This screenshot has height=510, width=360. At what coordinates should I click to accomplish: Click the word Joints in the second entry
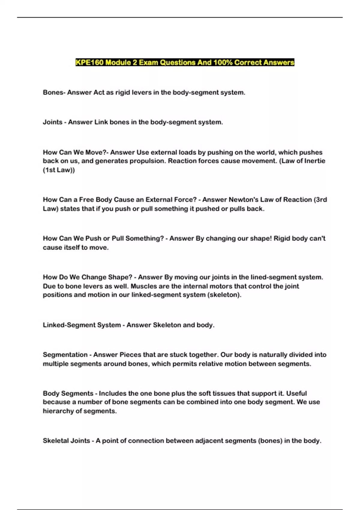pos(52,122)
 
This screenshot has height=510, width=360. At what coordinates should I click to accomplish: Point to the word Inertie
pos(315,161)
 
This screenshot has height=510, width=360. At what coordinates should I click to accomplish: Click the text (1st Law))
pos(59,170)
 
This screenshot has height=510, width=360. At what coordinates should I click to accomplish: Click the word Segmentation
pos(65,355)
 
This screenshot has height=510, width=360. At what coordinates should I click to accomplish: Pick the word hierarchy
pos(58,411)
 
